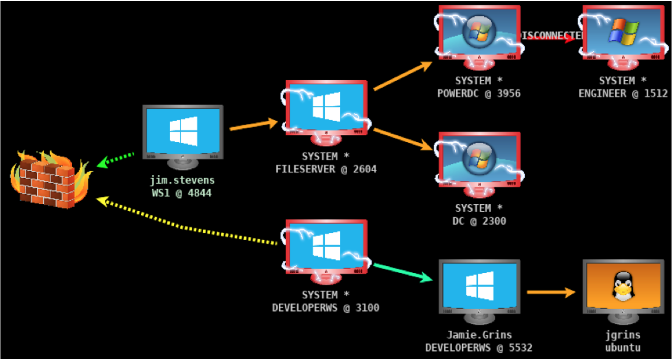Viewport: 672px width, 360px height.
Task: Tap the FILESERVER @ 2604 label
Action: click(326, 169)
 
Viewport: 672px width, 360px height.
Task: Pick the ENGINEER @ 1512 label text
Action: click(623, 93)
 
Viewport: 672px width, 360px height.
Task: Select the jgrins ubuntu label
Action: click(623, 341)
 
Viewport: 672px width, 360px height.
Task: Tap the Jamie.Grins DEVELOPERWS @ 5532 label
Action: click(479, 341)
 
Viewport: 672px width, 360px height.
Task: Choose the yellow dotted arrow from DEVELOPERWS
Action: click(186, 227)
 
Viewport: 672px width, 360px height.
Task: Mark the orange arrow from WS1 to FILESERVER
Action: click(254, 125)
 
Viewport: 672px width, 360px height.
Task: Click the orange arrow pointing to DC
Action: click(404, 139)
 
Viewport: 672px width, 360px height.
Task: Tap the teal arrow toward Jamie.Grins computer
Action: click(404, 272)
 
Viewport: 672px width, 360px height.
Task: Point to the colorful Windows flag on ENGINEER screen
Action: click(624, 31)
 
